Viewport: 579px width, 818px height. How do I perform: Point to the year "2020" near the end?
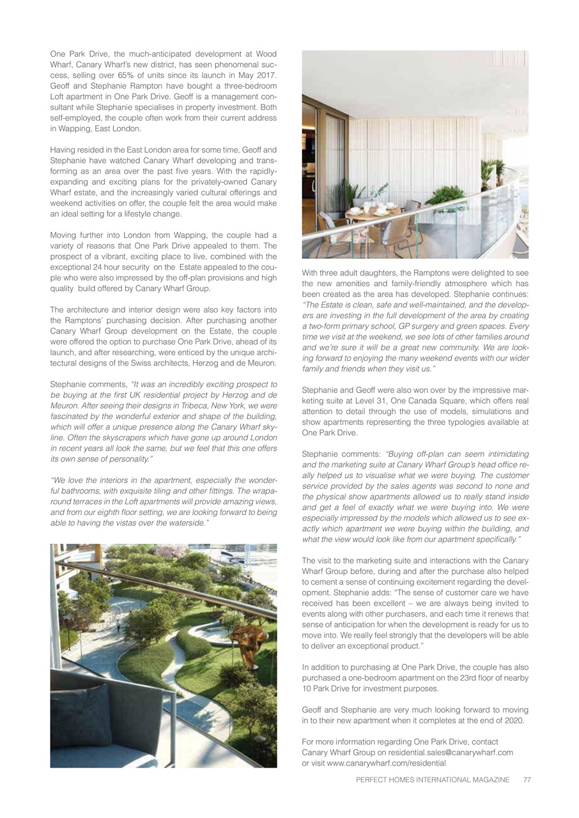514,720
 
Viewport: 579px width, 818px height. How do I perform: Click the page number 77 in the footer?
527,780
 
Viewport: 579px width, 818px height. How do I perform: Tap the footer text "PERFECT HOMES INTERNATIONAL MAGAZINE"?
433,780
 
